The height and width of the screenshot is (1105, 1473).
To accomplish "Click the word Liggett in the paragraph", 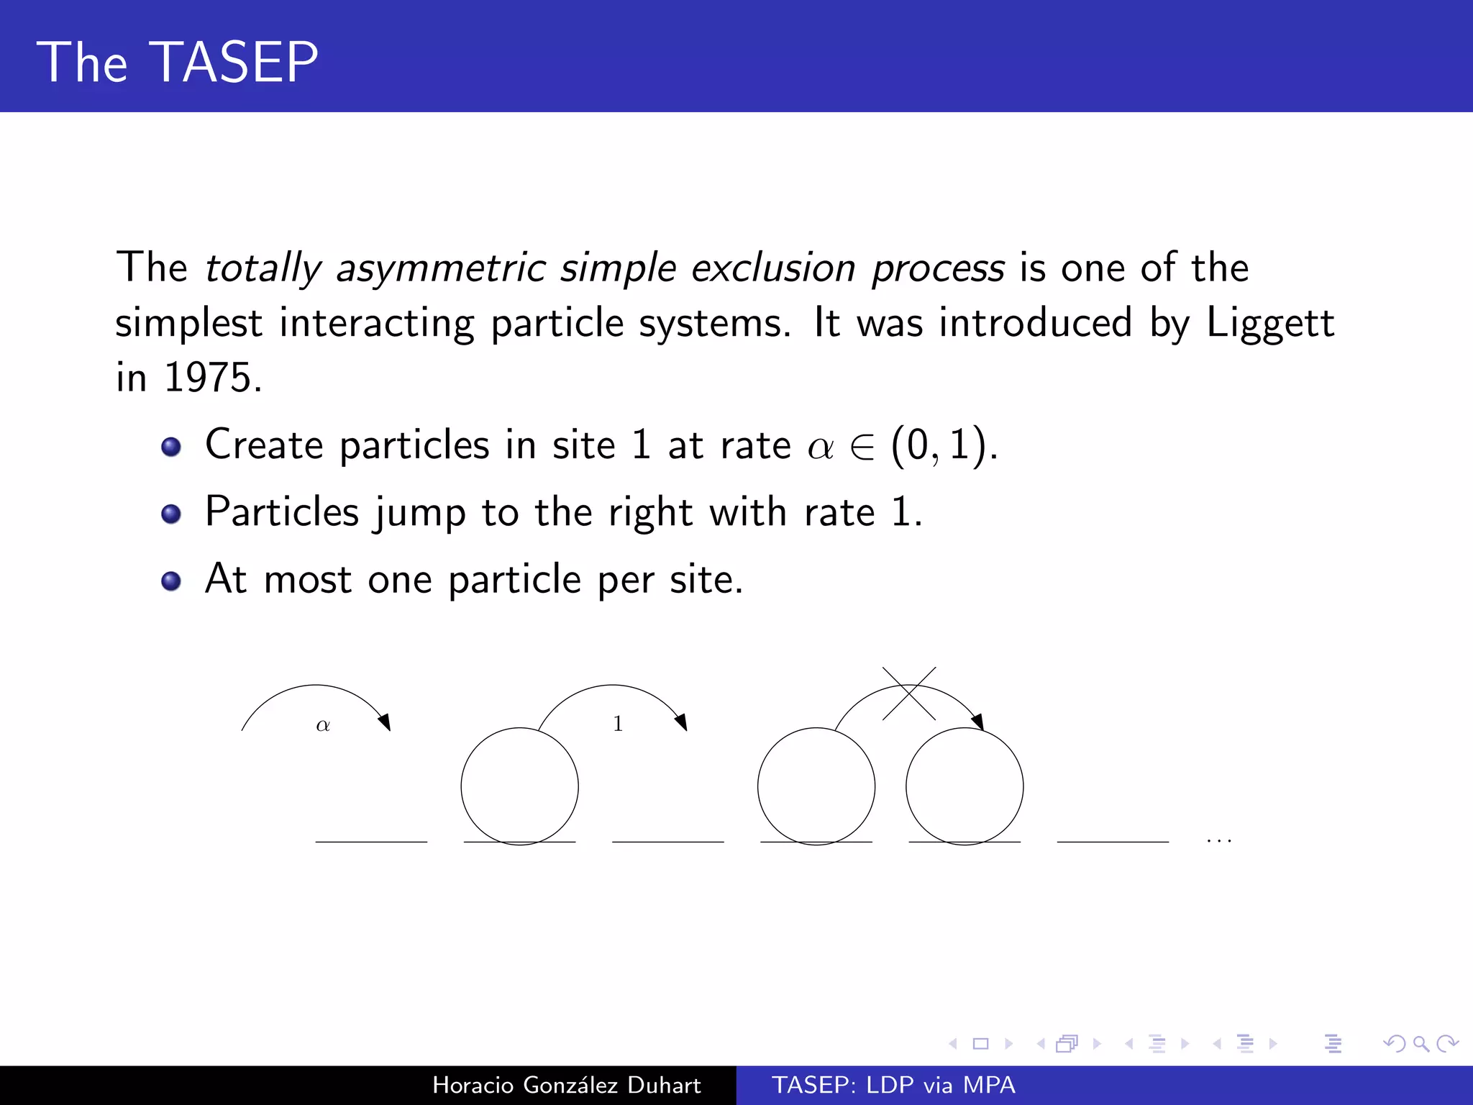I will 1270,323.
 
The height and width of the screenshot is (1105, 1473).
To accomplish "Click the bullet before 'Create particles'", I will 171,447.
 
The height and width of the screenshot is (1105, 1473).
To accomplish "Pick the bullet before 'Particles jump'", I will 171,514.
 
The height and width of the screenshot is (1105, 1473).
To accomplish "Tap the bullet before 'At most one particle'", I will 171,581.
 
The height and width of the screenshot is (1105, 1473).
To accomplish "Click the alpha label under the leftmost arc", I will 323,725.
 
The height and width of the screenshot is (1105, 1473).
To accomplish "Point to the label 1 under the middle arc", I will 618,724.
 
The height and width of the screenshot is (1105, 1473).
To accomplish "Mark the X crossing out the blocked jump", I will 909,694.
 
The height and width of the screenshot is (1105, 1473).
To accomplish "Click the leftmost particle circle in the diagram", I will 519,786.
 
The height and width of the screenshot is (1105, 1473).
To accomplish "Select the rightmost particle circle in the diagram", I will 964,786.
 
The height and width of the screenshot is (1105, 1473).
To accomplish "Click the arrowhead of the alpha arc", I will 386,722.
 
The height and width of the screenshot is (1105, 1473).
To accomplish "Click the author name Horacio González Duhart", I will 566,1085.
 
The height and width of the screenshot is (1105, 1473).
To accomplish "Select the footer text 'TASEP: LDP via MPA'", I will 893,1085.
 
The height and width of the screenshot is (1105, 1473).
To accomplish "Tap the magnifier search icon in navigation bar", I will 1420,1043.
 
